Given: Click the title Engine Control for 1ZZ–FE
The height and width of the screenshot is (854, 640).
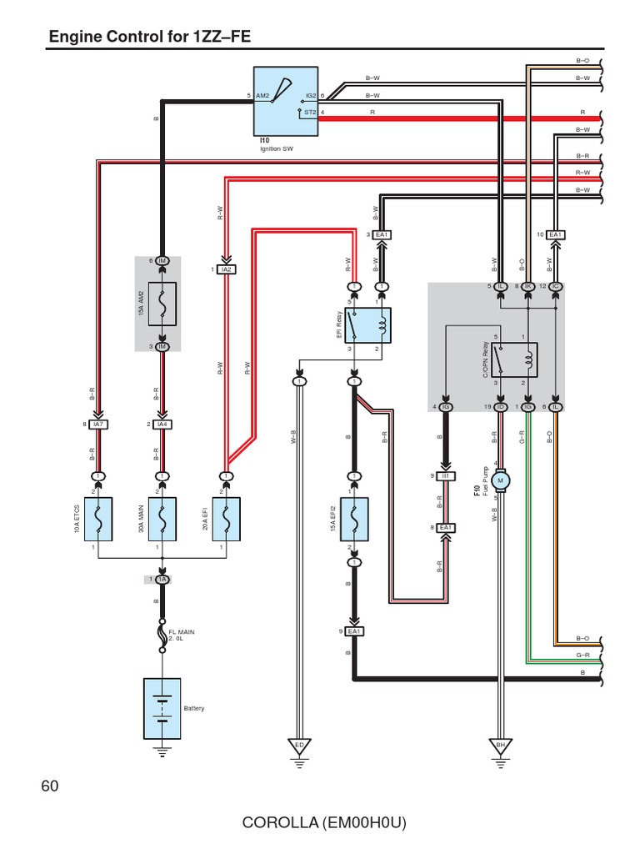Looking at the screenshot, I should [150, 37].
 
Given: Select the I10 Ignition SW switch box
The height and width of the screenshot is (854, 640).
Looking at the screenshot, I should [285, 101].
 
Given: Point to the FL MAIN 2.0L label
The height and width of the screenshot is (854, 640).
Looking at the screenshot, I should [182, 635].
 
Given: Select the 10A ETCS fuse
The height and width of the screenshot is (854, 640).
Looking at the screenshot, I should [98, 519].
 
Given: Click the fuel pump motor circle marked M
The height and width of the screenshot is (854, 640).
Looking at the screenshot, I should [500, 480].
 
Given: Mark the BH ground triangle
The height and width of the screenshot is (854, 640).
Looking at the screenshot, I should [500, 744].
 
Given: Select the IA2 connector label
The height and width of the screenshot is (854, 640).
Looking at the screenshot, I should [226, 269].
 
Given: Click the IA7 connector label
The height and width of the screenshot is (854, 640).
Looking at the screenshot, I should [98, 424].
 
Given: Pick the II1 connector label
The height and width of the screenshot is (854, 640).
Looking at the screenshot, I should [446, 475].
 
